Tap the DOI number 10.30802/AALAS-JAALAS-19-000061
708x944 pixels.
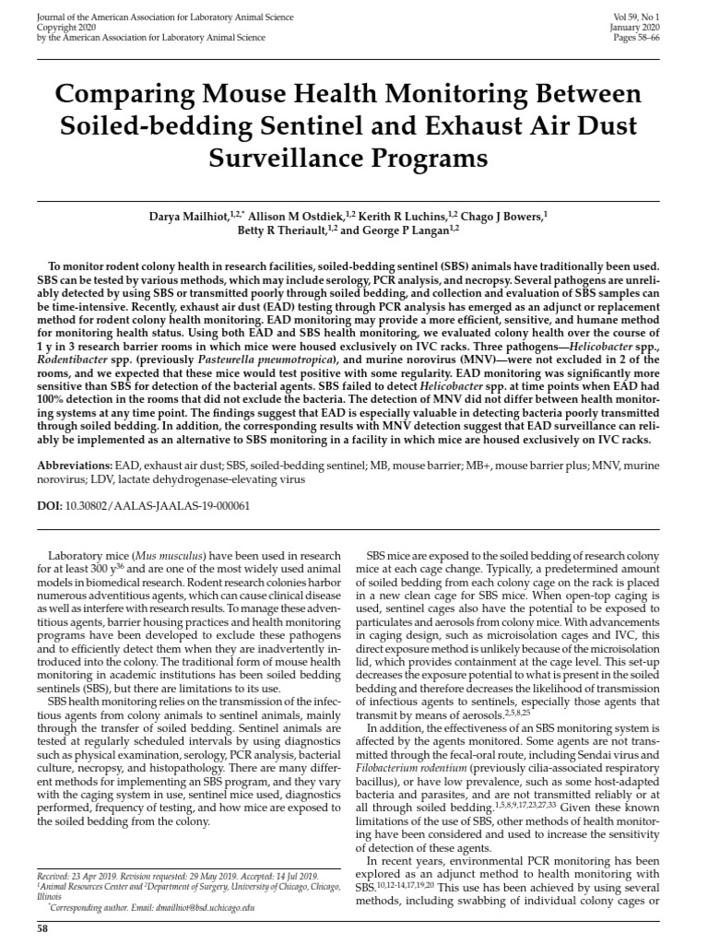pyautogui.click(x=159, y=506)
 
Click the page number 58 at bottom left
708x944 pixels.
pyautogui.click(x=41, y=929)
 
